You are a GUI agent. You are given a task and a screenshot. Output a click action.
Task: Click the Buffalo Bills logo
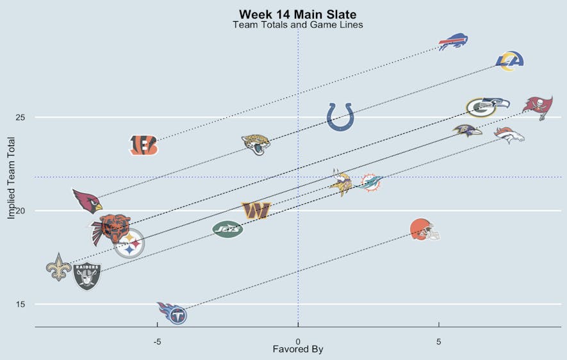(x=453, y=42)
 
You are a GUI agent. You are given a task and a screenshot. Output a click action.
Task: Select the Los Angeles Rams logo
(x=510, y=60)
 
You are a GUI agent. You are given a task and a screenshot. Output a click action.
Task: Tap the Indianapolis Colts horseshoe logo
(x=340, y=117)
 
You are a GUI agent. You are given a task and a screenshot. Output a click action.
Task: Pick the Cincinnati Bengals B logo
(x=143, y=145)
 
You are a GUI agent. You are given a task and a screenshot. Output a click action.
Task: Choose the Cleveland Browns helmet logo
(x=425, y=229)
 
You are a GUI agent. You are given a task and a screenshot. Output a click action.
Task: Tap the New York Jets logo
(x=227, y=229)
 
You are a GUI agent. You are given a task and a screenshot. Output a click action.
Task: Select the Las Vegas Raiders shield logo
(x=87, y=276)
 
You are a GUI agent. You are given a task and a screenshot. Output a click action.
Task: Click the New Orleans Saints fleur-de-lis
(x=59, y=267)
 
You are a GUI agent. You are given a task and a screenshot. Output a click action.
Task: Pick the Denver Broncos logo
(x=509, y=135)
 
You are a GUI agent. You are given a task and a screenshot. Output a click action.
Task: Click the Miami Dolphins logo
(x=372, y=183)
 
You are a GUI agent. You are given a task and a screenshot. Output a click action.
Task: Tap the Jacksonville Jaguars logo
(x=256, y=144)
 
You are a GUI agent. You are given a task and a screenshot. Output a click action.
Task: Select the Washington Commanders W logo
(x=256, y=210)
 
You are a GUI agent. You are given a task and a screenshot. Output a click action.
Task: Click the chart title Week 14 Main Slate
(x=297, y=14)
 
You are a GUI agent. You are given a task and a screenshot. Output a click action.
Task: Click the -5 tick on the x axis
(x=157, y=341)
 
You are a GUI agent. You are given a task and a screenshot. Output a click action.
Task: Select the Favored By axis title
(x=297, y=350)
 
